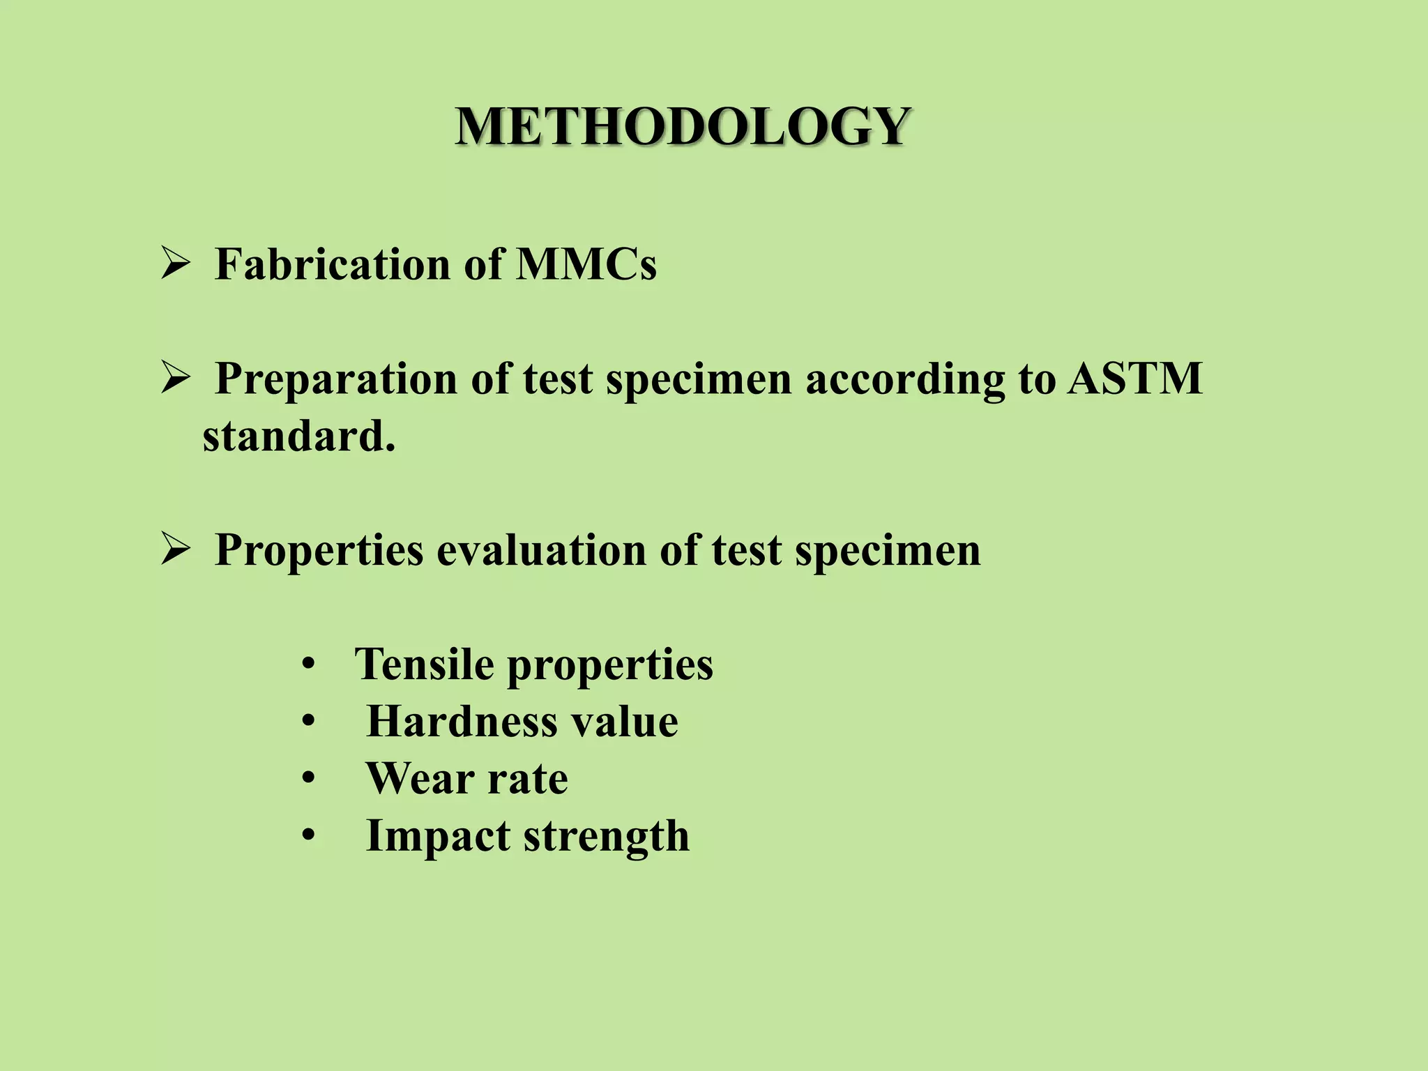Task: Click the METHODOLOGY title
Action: point(683,127)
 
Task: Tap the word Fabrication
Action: point(333,264)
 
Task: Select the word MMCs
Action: point(586,264)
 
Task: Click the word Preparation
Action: point(336,380)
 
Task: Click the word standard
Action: point(299,436)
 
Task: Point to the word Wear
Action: point(420,778)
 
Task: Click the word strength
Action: point(606,836)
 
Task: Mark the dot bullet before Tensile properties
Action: point(309,664)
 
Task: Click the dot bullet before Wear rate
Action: point(309,779)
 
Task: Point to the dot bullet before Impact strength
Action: point(309,836)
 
